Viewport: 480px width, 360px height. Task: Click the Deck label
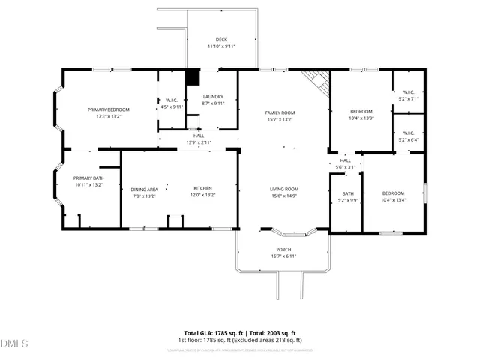221,40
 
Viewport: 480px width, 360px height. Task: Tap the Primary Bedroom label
109,109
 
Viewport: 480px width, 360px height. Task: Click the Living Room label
285,189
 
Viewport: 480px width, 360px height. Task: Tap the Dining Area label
143,189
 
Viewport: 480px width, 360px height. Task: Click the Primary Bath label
88,178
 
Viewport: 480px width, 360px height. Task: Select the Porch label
283,249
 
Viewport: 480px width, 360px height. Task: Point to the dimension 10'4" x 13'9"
361,118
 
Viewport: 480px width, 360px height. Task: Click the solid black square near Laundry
193,77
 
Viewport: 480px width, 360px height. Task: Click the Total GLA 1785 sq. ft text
211,332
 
